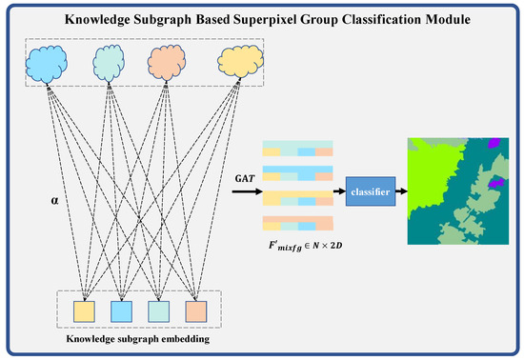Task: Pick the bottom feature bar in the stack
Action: (x=297, y=223)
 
